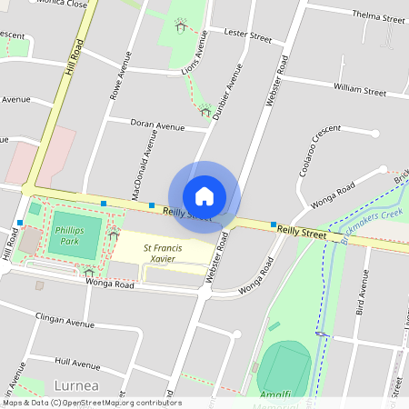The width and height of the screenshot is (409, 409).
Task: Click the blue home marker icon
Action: [x=204, y=195]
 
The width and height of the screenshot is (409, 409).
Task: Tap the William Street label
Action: [x=360, y=90]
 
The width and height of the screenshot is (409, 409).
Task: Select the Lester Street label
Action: [x=247, y=36]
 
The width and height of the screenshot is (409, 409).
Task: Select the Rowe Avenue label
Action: [x=115, y=75]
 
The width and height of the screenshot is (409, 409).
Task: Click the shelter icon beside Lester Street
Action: [x=180, y=27]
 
